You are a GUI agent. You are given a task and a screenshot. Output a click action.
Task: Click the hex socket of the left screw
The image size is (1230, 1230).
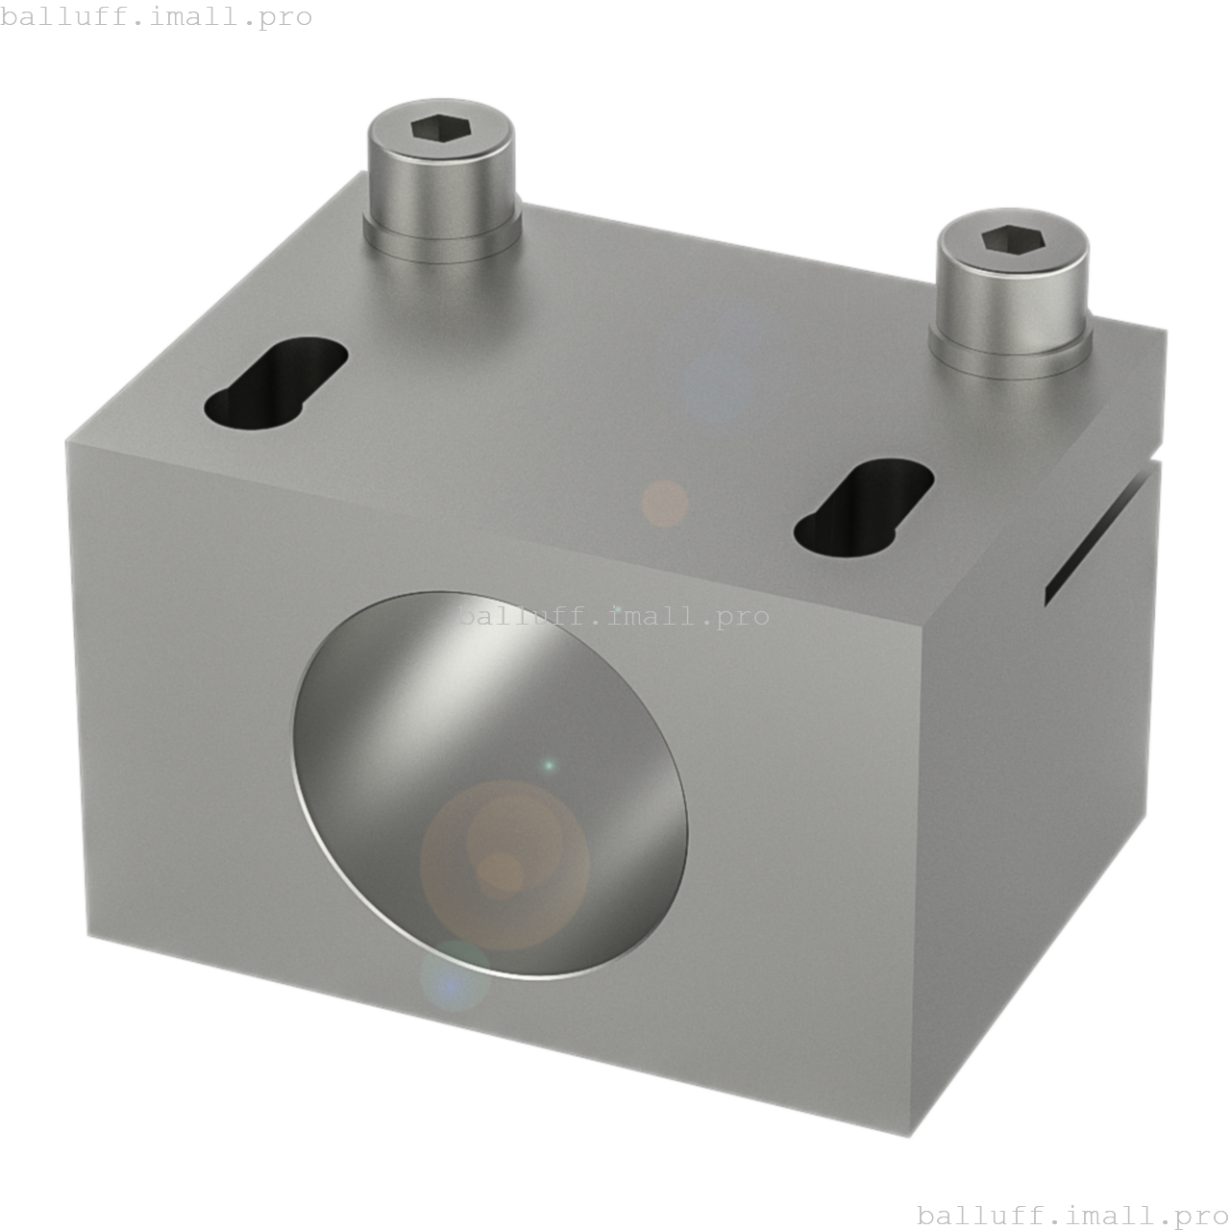coord(440,129)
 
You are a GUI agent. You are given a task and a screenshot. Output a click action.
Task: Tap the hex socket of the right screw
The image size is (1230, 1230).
coord(1013,238)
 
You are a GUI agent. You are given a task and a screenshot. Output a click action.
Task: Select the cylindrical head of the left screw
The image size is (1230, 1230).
coord(440,178)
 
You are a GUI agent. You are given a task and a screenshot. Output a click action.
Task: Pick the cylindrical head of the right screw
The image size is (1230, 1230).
coord(1012,293)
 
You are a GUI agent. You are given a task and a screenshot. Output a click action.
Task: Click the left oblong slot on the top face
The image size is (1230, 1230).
coord(276,382)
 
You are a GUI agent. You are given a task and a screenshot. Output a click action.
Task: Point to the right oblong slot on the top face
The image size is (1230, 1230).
coord(864,506)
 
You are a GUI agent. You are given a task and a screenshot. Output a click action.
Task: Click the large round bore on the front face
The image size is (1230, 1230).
coord(490,783)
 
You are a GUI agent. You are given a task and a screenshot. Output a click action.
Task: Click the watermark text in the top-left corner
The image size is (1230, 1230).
coord(157,16)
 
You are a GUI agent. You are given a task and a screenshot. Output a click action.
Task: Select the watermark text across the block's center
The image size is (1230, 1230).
coord(613,616)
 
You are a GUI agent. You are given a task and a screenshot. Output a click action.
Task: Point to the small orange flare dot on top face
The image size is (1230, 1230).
coord(664,504)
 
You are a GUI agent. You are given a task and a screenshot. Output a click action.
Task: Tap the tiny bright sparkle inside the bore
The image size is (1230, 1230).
coord(549,766)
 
